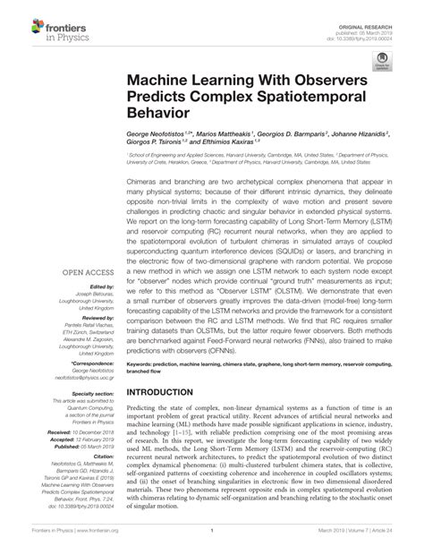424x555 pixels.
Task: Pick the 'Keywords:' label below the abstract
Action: (x=142, y=364)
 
